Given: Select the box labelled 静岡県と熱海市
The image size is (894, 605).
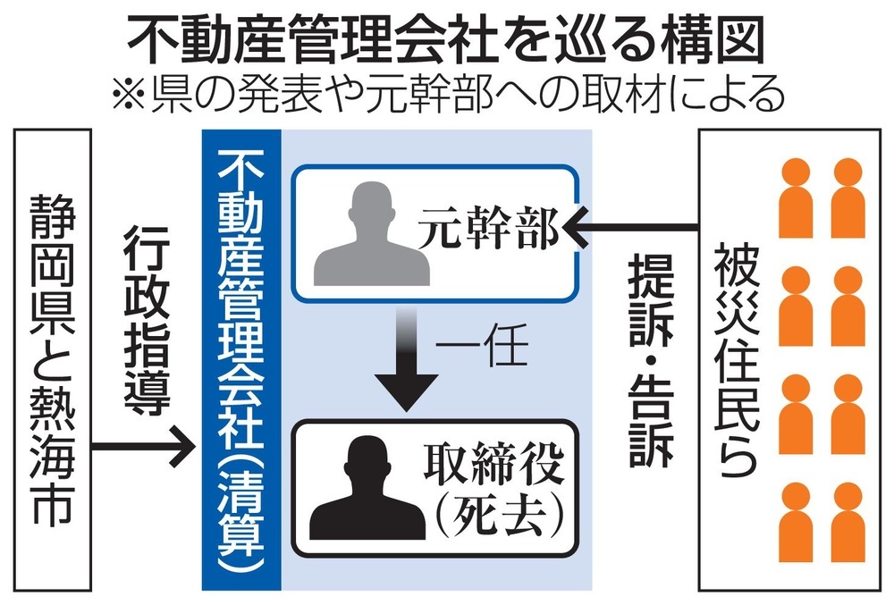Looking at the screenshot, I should [x=54, y=357].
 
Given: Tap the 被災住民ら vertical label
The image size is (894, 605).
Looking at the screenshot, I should [x=733, y=357].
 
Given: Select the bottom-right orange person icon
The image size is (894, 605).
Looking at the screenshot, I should [x=848, y=523].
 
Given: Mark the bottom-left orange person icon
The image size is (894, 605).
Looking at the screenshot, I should [x=795, y=523].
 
